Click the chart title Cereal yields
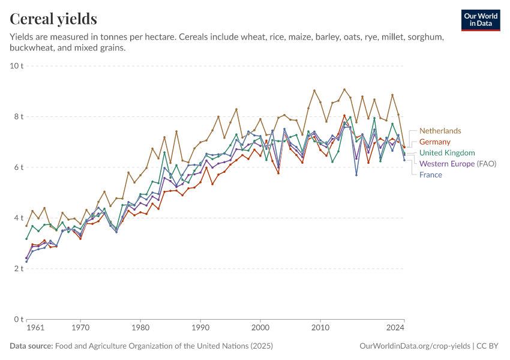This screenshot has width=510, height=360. tap(53, 19)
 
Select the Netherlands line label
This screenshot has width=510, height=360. tap(440, 131)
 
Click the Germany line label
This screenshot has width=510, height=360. tap(434, 142)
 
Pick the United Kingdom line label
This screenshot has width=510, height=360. tap(447, 153)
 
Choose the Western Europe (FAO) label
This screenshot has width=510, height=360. tap(457, 163)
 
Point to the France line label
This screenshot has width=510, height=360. tap(430, 175)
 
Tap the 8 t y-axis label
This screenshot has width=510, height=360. tap(19, 116)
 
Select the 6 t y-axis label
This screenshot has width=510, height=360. tap(19, 167)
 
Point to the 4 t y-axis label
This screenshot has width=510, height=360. tap(19, 218)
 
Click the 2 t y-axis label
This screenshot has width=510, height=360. tap(19, 268)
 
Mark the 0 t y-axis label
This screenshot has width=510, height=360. tap(19, 319)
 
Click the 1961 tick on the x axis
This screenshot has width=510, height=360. tap(35, 328)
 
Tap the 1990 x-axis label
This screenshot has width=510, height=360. tap(200, 328)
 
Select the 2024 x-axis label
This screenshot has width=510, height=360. tap(395, 328)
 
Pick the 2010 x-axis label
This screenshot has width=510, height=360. tap(320, 328)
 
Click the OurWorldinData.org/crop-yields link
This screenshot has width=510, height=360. tap(415, 346)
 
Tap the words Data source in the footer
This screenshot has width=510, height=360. tap(31, 346)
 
